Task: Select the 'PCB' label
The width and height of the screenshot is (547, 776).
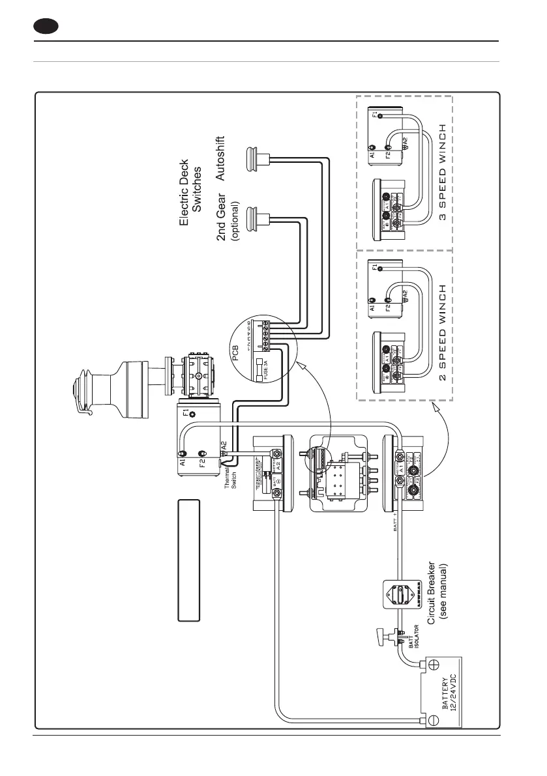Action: pyautogui.click(x=236, y=352)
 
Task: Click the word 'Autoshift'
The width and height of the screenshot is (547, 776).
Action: pyautogui.click(x=220, y=158)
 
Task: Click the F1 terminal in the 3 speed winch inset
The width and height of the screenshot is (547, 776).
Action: pyautogui.click(x=381, y=115)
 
